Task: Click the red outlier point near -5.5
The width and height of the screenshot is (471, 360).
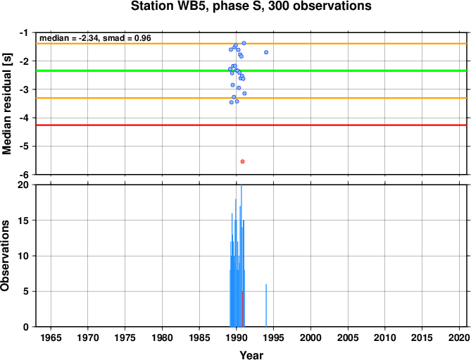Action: point(242,161)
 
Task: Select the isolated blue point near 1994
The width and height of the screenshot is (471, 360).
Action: point(266,52)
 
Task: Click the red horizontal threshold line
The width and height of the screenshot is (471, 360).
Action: point(251,125)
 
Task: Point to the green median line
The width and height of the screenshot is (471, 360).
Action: point(251,70)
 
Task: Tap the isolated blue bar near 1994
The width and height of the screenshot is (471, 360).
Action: point(266,305)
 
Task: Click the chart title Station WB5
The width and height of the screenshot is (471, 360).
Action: point(251,6)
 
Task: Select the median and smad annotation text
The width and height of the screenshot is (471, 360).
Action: point(95,38)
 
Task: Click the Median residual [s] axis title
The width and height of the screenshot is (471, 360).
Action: point(6,104)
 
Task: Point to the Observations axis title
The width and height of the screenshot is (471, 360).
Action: point(5,256)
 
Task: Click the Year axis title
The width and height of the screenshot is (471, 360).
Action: point(251,355)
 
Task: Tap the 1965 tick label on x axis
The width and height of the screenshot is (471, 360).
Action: point(51,337)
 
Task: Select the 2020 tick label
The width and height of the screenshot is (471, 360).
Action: point(459,337)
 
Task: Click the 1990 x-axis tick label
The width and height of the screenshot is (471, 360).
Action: point(237,337)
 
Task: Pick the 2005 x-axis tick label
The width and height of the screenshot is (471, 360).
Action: point(348,337)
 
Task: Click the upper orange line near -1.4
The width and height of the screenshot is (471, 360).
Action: point(251,44)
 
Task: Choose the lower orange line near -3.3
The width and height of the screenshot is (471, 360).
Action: point(251,98)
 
